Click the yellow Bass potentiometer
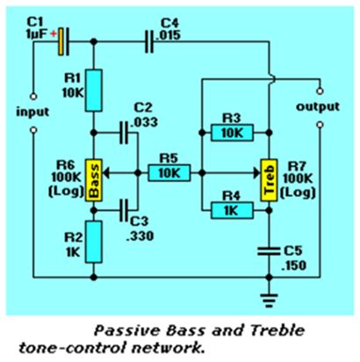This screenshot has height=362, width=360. click(x=94, y=180)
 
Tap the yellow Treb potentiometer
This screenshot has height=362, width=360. click(x=269, y=180)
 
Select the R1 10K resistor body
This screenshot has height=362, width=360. click(x=94, y=90)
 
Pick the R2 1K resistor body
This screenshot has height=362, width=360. click(x=94, y=242)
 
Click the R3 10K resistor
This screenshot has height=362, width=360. click(x=232, y=133)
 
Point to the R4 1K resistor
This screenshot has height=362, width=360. click(x=232, y=210)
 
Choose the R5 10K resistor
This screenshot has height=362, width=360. click(x=169, y=173)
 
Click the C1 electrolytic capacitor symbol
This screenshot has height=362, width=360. click(x=63, y=41)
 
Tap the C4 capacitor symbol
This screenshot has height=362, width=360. click(x=149, y=41)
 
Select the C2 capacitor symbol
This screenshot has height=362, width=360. click(x=124, y=133)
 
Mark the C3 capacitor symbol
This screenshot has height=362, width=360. click(x=124, y=210)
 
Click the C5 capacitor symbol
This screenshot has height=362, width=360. click(x=269, y=251)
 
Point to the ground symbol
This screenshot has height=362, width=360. click(x=269, y=300)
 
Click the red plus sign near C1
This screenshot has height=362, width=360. click(x=54, y=34)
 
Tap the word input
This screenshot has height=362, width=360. click(x=32, y=112)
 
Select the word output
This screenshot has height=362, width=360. click(x=318, y=106)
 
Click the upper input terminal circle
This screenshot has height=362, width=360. click(x=33, y=97)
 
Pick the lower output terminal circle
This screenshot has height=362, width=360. click(x=320, y=125)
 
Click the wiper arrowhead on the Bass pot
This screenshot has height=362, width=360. click(x=106, y=173)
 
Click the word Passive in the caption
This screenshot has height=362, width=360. click(x=128, y=331)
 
